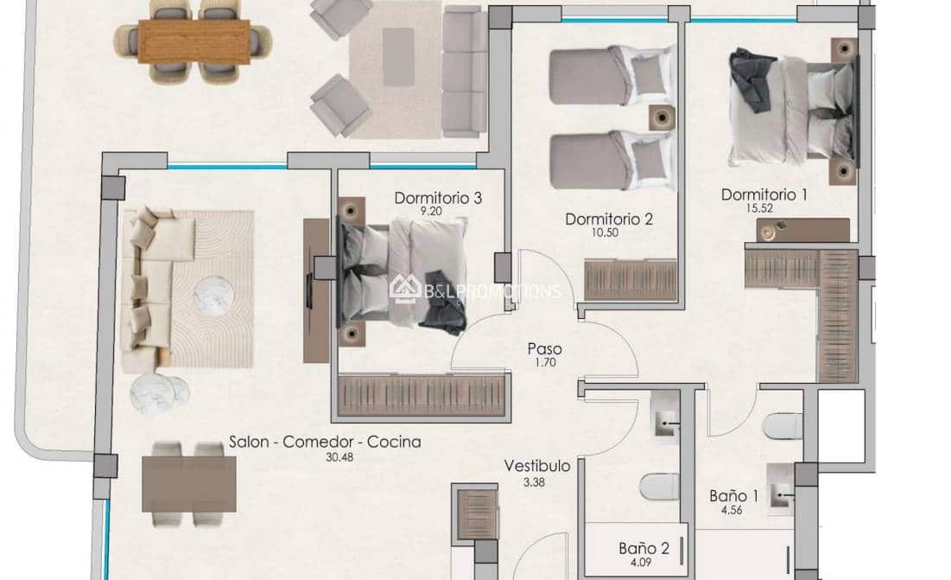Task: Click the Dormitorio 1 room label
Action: tap(764, 194)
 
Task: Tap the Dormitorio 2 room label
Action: tap(609, 219)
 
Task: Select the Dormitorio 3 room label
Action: tap(438, 198)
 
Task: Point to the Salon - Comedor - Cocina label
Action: tap(325, 442)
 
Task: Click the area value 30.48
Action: tap(339, 457)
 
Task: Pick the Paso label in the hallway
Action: tap(545, 349)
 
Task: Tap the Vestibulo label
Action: tap(537, 466)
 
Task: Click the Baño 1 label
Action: tap(734, 495)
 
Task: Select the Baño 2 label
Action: tap(644, 549)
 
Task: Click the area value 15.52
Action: tap(759, 208)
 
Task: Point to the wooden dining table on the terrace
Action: tap(194, 41)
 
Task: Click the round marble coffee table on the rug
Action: tap(214, 296)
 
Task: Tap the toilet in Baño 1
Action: tap(783, 426)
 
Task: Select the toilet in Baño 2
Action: tap(660, 487)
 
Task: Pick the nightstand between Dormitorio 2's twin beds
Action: tap(662, 118)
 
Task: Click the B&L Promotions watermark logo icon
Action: tap(405, 289)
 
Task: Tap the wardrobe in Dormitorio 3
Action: tap(422, 395)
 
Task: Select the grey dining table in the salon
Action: tap(188, 484)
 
